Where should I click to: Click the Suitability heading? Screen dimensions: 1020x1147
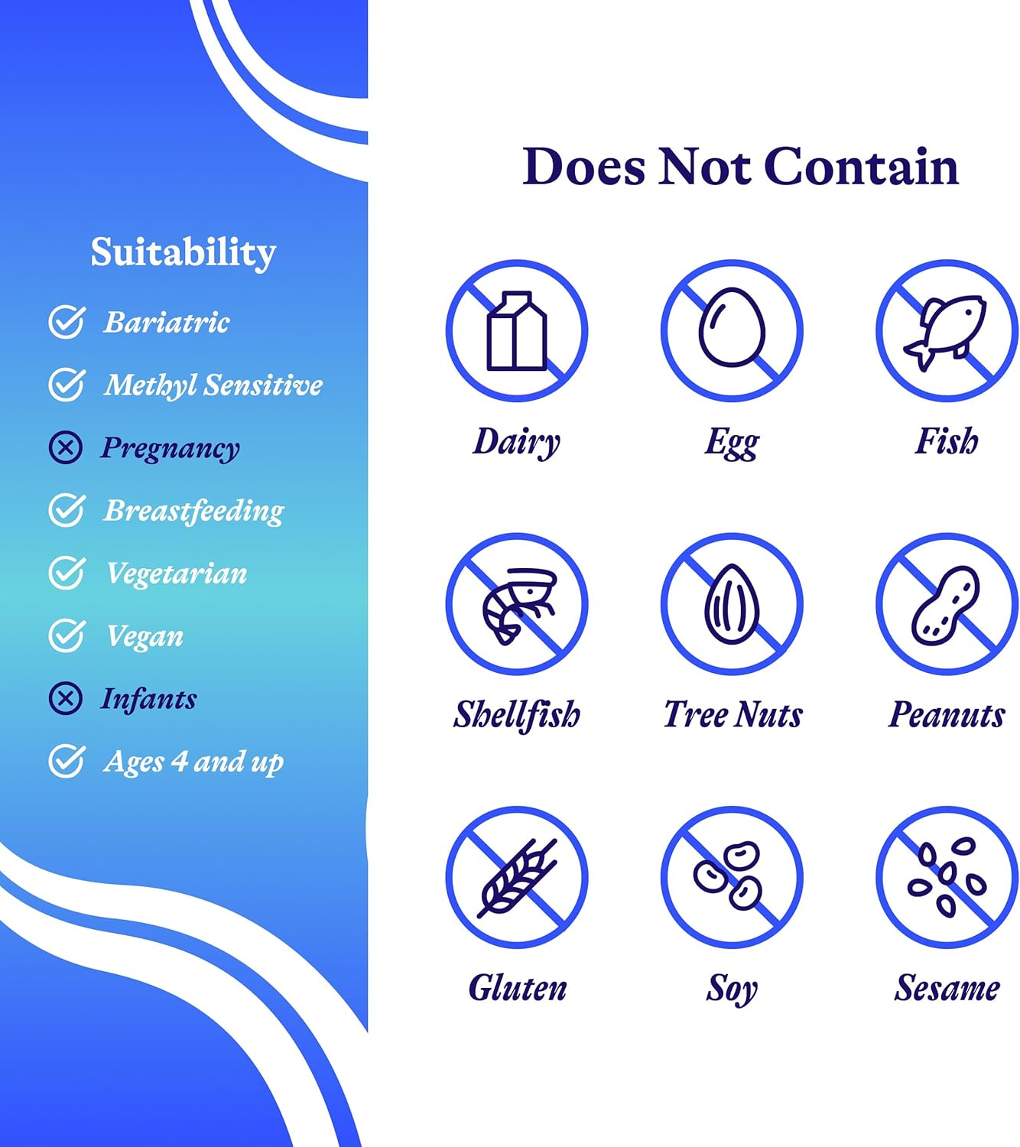tap(184, 252)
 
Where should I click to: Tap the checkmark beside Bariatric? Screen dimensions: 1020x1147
tap(67, 322)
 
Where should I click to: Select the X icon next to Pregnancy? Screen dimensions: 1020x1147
tap(66, 447)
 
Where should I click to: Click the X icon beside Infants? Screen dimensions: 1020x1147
tap(66, 698)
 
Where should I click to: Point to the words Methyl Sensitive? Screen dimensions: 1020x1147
tap(213, 385)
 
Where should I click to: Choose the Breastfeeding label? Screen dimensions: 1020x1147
tap(194, 512)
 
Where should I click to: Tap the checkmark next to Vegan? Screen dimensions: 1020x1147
tap(67, 635)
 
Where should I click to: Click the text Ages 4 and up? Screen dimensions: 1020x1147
tap(193, 762)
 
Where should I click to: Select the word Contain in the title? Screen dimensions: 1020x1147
tap(862, 167)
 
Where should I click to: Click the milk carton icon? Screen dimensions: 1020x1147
tap(517, 330)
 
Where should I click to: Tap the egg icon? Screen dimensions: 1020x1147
tap(732, 327)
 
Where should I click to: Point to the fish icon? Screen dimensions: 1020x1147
tap(945, 332)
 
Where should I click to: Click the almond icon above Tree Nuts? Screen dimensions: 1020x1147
tap(732, 604)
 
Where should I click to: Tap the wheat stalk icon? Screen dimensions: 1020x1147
tap(517, 878)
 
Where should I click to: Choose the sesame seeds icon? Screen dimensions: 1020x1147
tap(947, 877)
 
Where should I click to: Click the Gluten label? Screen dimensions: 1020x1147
tap(518, 988)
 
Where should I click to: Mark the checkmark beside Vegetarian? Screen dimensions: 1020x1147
tap(67, 573)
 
